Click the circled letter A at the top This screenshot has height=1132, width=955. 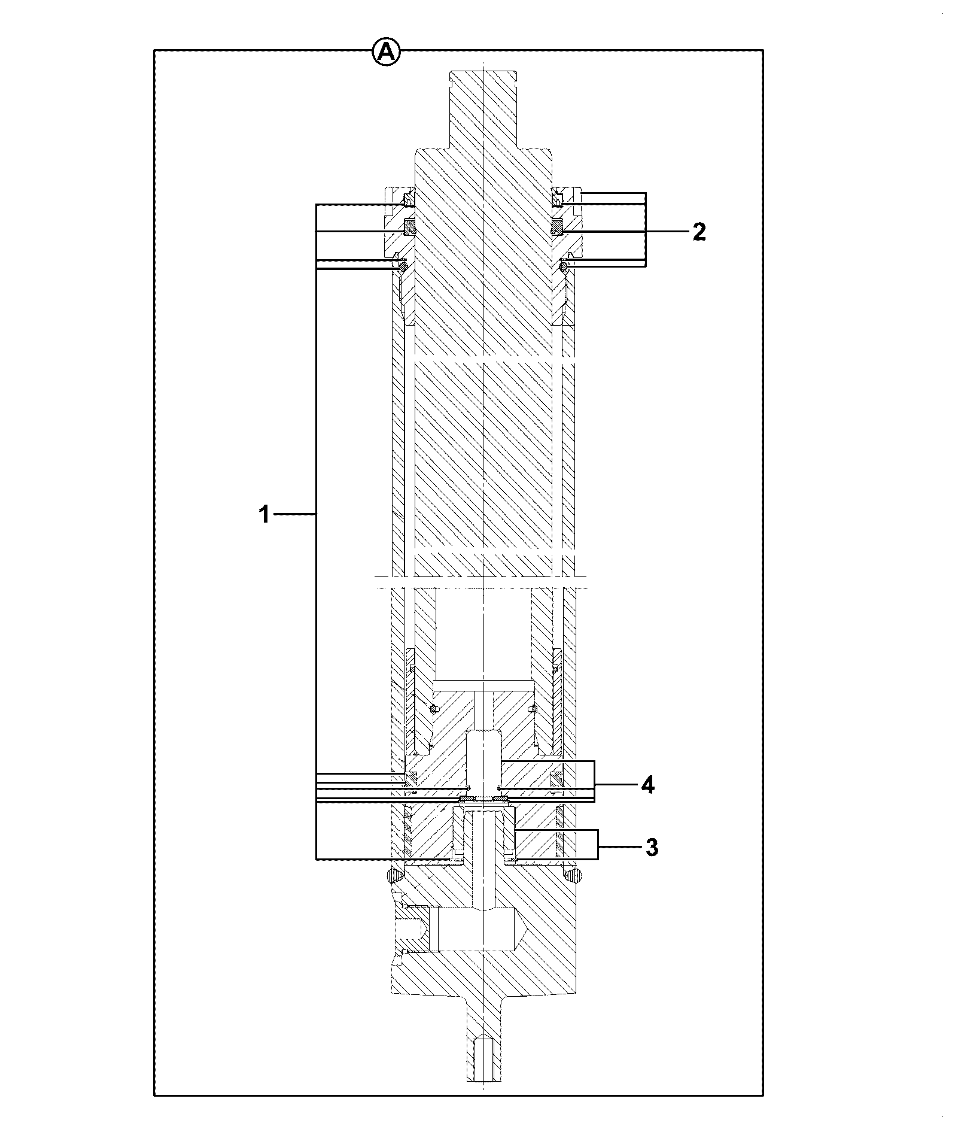[386, 52]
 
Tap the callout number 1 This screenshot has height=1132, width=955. [264, 514]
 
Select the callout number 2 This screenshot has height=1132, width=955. [699, 232]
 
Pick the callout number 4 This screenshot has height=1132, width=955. [647, 785]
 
